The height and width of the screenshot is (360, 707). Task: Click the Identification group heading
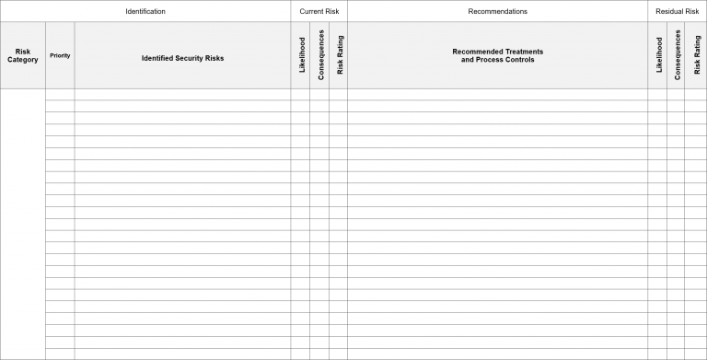point(145,11)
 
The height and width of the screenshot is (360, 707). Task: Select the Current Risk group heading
point(319,11)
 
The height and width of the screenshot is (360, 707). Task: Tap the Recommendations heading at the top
point(497,11)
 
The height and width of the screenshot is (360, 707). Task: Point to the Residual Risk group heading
point(677,11)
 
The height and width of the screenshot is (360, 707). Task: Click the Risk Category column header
point(23,55)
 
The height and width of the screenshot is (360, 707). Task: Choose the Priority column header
point(60,55)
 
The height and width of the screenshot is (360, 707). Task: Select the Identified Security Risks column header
point(182,58)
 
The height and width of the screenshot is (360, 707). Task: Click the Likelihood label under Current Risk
point(302,55)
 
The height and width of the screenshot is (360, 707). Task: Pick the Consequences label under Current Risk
point(320,55)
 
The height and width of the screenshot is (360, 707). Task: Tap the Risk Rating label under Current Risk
point(339,55)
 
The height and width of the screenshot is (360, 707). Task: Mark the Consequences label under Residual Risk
point(678,55)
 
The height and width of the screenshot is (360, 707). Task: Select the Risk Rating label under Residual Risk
point(697,55)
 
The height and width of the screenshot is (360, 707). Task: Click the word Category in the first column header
point(23,60)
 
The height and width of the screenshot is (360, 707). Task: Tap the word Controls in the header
point(517,60)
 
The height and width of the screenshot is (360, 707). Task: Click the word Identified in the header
point(157,58)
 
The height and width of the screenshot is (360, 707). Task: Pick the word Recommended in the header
point(476,52)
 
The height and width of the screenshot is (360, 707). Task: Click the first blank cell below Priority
point(60,94)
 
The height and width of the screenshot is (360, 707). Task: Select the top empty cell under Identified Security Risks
point(182,94)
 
